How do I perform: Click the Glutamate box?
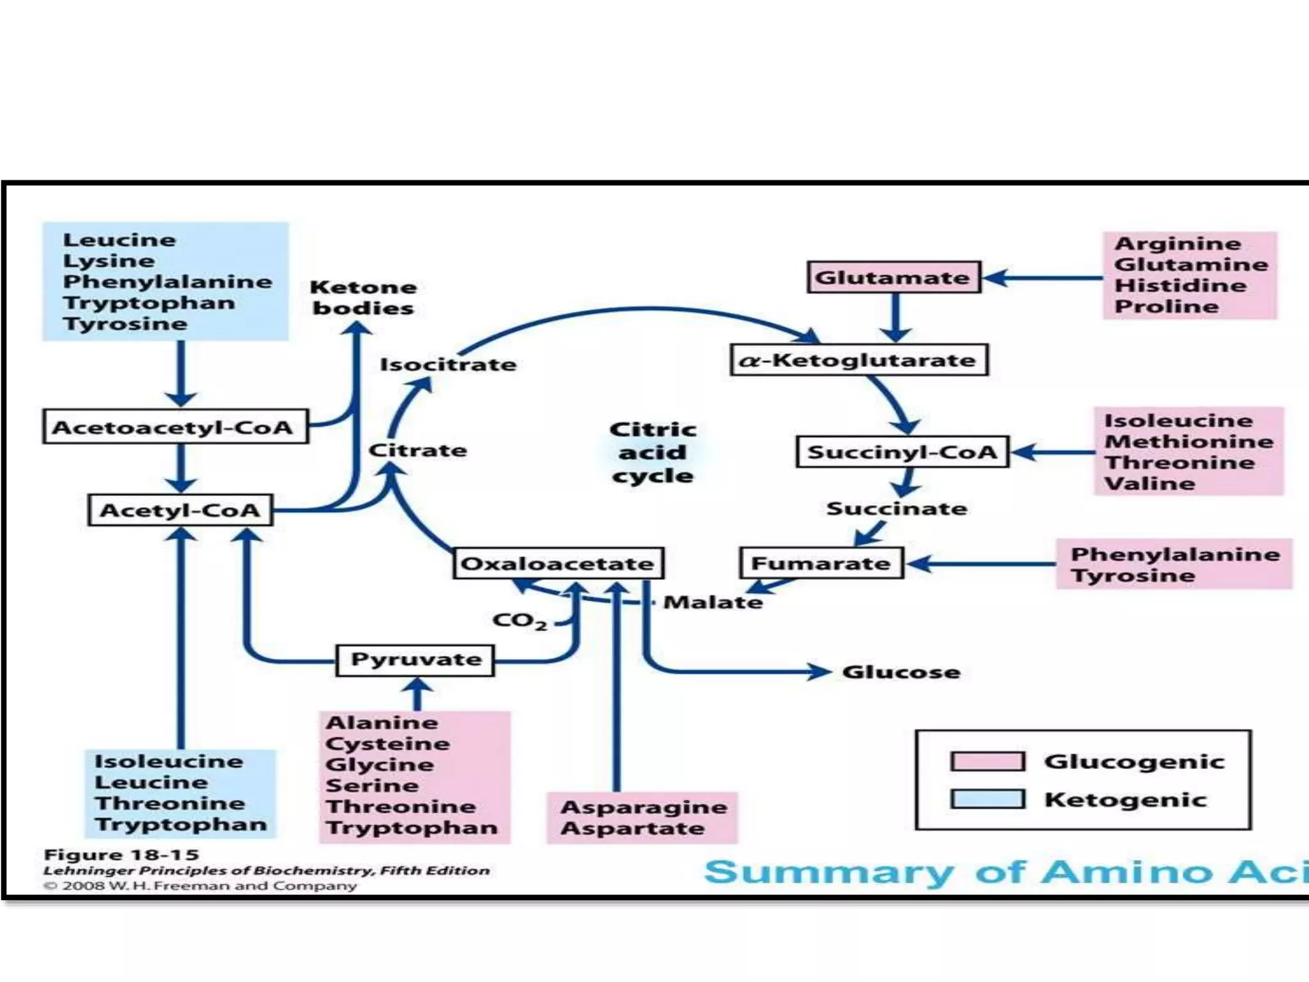[x=894, y=277]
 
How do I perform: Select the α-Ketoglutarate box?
[x=859, y=360]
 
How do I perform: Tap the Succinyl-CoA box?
[x=902, y=452]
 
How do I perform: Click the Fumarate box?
[x=821, y=563]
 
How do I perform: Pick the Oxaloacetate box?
[x=558, y=563]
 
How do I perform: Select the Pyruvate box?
[x=415, y=660]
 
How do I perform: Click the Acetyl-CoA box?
[x=181, y=510]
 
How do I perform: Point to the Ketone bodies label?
[x=363, y=298]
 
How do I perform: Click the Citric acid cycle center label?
[x=653, y=453]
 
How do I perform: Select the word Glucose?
[x=901, y=672]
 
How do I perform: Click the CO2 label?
[x=519, y=621]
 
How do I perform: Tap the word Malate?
[x=713, y=602]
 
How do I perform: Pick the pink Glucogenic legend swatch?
[x=988, y=761]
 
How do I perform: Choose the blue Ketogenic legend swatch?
[x=988, y=799]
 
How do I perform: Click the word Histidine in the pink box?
[x=1180, y=285]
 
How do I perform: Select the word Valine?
[x=1149, y=483]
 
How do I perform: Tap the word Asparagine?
[x=644, y=807]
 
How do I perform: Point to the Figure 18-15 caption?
[x=121, y=855]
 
